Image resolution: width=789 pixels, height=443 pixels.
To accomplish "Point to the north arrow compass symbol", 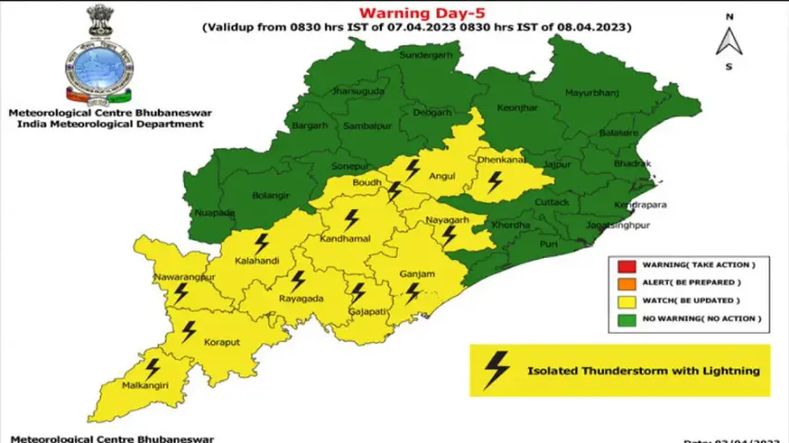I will pos(729,42).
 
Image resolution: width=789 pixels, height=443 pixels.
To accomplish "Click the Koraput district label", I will pos(221,342).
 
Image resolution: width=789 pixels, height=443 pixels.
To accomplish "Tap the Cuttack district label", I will pos(554,202).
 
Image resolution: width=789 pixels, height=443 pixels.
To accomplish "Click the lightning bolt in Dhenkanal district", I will pos(497,180).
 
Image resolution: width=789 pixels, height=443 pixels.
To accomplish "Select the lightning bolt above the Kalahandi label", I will pos(261,243).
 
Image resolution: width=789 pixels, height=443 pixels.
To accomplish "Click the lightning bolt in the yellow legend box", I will pos(497,370).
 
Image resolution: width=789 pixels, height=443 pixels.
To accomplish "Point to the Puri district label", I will pos(549,244).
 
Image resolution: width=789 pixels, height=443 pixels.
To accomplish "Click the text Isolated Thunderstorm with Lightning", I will pos(643,371).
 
